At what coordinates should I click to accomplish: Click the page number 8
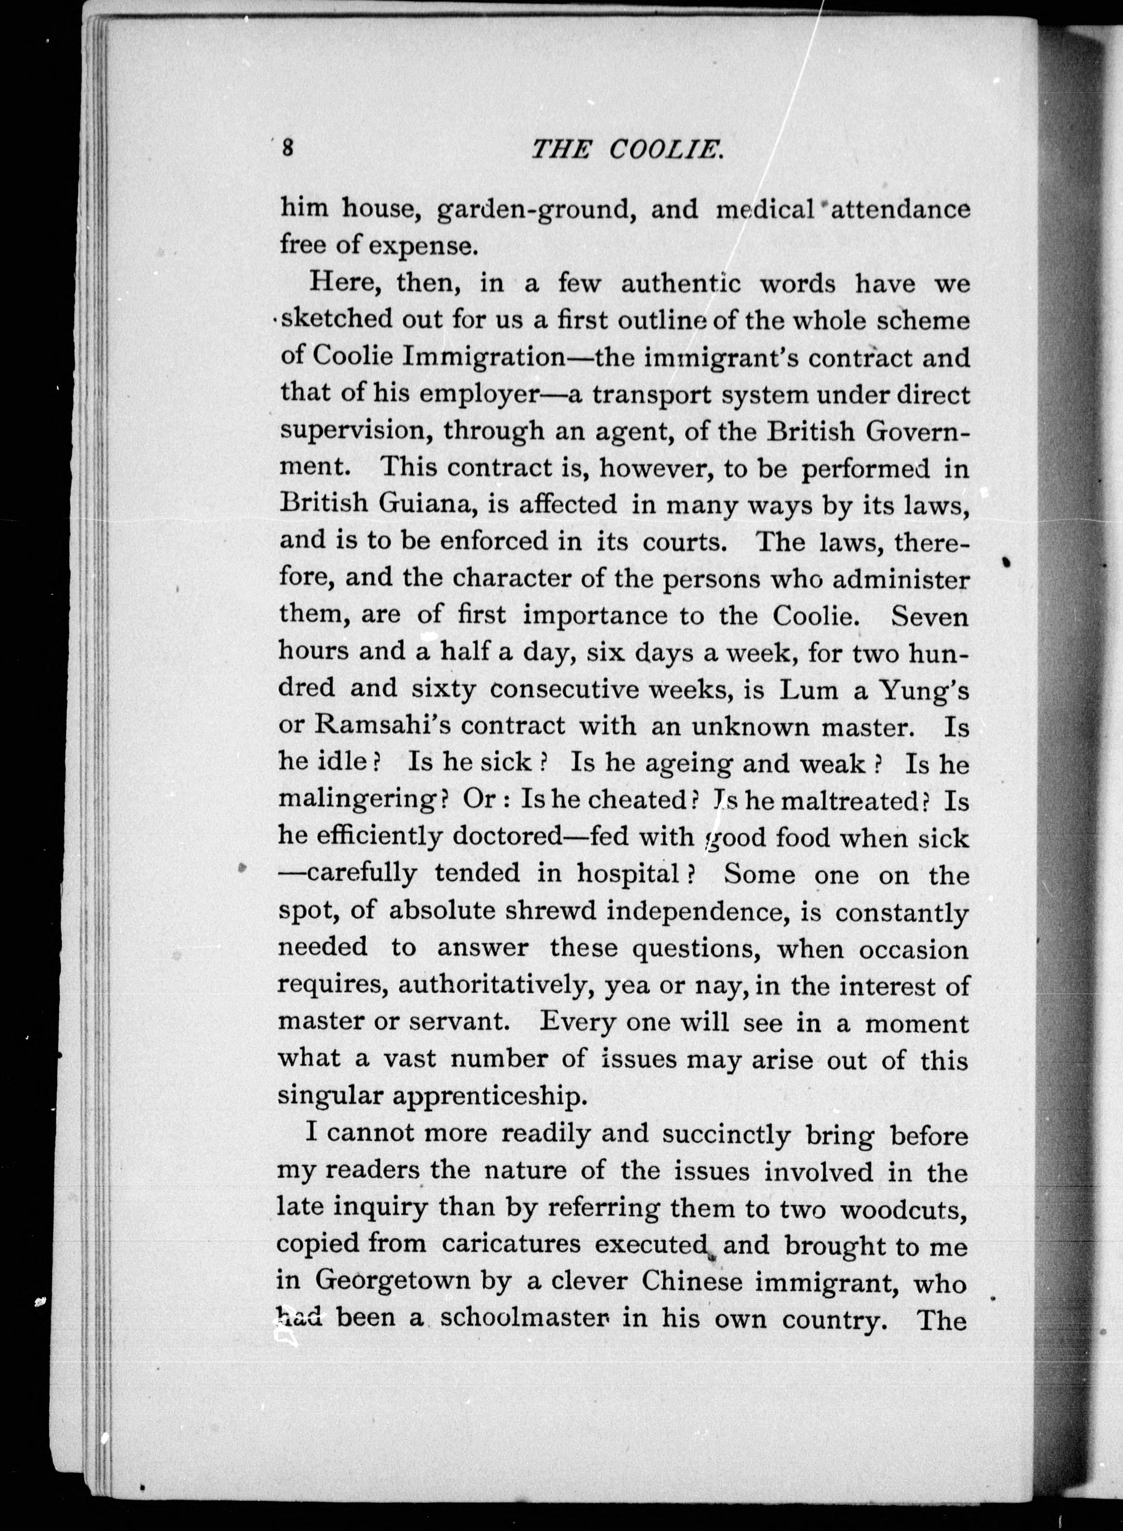287,148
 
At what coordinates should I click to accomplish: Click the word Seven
929,615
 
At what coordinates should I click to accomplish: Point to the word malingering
358,800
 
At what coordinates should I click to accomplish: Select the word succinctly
726,1134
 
